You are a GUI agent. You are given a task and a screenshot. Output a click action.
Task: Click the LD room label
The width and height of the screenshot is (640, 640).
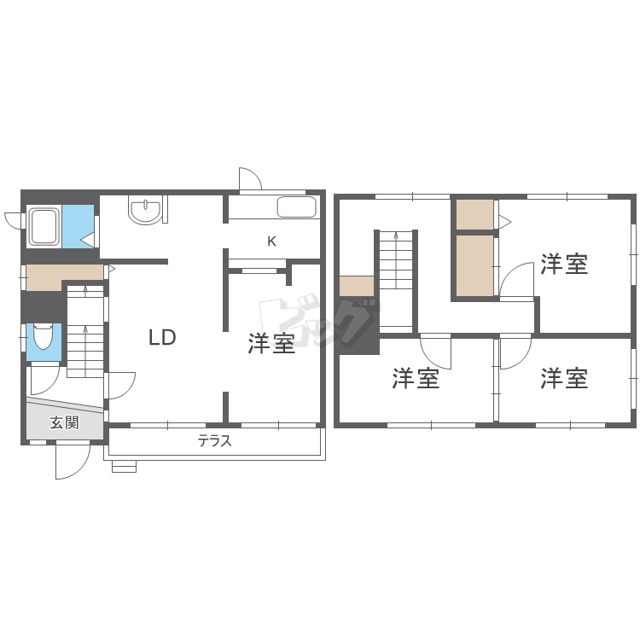[162, 338]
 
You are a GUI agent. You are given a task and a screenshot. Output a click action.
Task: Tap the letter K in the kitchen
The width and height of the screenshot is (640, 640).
[271, 241]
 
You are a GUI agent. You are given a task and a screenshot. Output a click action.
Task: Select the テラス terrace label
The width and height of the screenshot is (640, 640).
[215, 441]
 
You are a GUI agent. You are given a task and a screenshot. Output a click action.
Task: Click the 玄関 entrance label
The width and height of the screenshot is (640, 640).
[64, 422]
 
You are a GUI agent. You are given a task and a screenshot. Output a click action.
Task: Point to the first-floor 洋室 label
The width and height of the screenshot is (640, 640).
[271, 344]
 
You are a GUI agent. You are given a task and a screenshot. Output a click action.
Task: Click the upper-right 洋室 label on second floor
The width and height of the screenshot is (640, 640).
[564, 265]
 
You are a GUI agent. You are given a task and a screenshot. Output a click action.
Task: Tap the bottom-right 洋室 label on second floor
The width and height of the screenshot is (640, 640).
[564, 378]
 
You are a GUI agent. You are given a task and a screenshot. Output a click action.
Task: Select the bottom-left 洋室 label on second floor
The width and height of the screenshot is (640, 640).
[416, 378]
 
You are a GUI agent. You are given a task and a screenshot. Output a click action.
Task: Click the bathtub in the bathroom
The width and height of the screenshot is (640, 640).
[42, 227]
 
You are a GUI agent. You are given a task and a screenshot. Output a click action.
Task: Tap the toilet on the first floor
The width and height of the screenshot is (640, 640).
[44, 339]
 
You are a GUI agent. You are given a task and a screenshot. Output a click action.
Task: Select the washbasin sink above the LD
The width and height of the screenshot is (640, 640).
[145, 211]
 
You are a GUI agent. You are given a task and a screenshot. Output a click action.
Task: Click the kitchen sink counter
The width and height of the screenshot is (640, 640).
[296, 207]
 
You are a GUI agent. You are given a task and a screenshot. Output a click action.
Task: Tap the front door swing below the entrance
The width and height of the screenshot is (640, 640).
[73, 462]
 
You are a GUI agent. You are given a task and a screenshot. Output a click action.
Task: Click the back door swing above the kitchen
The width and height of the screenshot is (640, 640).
[250, 179]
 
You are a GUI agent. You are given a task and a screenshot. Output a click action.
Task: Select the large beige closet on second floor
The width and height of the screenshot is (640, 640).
[474, 265]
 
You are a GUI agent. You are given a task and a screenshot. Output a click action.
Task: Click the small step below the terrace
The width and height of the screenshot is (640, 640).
[124, 467]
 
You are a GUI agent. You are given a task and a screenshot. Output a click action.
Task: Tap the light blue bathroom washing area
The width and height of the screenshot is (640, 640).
[78, 226]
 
